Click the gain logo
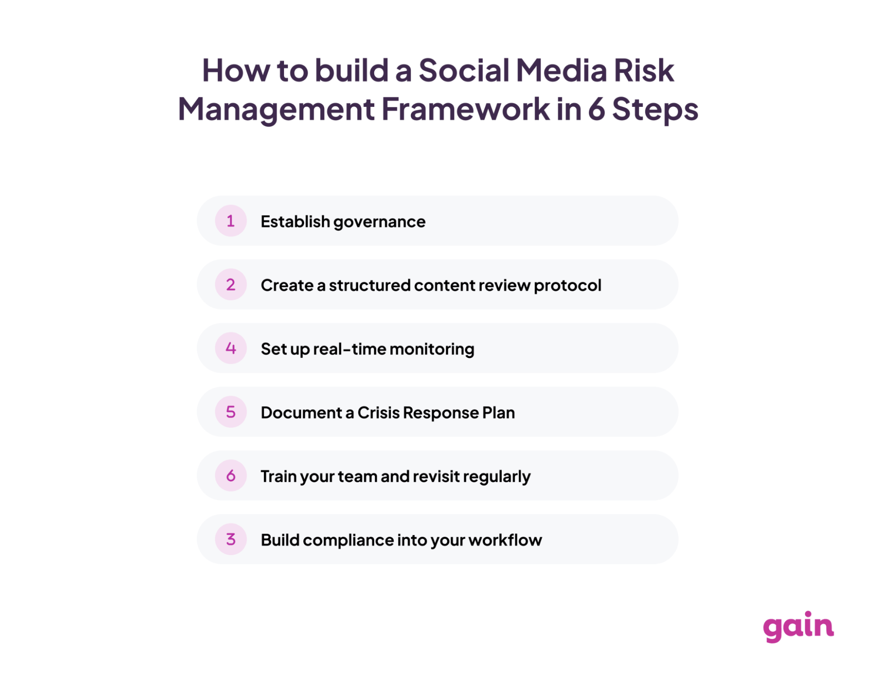(798, 627)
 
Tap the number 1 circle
(231, 221)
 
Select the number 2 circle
(231, 284)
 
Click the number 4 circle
(231, 348)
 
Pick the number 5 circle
(231, 412)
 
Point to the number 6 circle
(231, 475)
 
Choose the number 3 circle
(231, 539)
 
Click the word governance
(379, 223)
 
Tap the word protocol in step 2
(567, 286)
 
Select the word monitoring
(432, 350)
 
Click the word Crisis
(379, 413)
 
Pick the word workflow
(505, 540)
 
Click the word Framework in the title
(465, 109)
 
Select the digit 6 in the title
(596, 109)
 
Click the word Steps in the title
(655, 110)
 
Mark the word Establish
(295, 221)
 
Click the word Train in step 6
(279, 476)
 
